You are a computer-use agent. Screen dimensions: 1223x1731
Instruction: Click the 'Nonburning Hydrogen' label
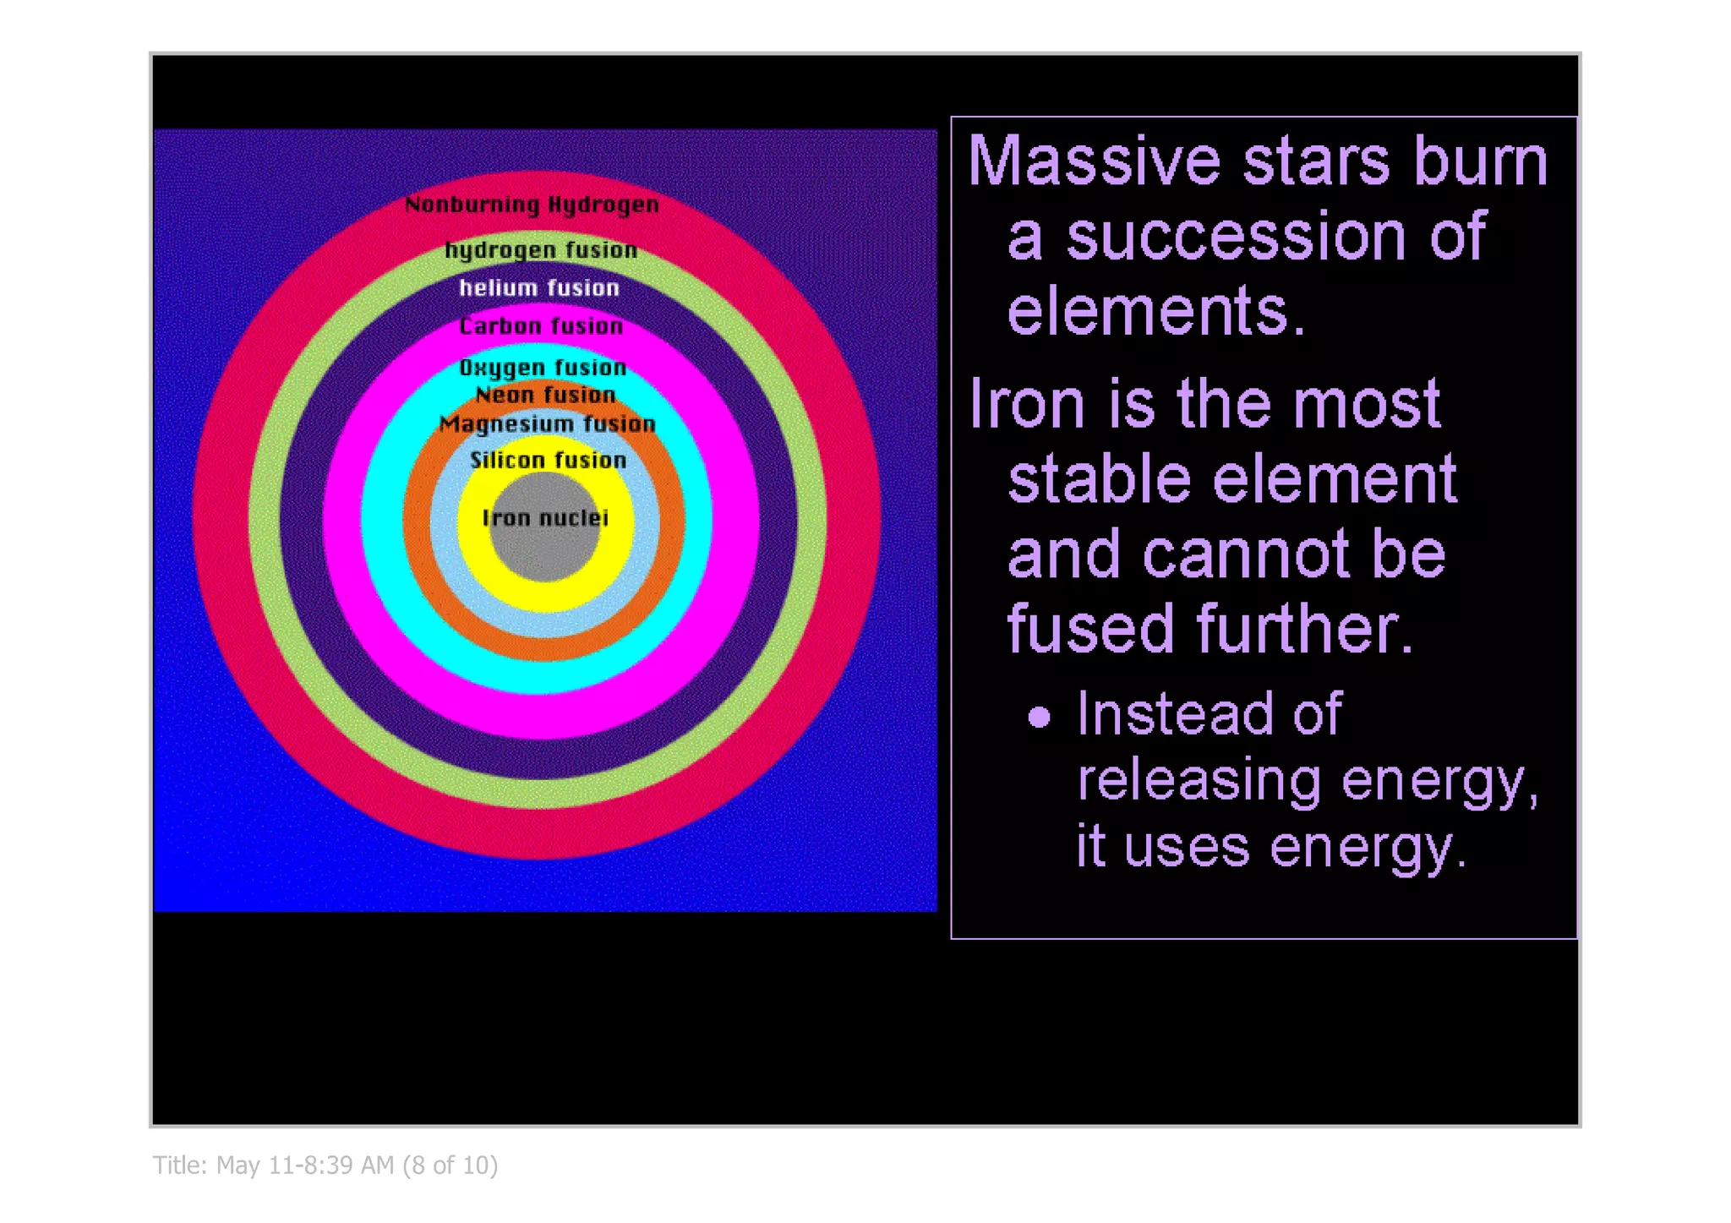[x=531, y=205]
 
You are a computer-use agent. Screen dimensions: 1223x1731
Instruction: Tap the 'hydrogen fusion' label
[x=541, y=250]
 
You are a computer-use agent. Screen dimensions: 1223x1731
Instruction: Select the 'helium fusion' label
[x=539, y=288]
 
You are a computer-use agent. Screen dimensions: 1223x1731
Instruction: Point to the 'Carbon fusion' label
[x=541, y=326]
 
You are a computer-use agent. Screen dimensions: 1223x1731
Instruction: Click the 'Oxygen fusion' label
[x=543, y=368]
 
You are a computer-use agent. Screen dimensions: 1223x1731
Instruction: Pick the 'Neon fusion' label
[x=545, y=395]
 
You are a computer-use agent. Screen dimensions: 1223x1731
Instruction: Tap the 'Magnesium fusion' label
[x=547, y=423]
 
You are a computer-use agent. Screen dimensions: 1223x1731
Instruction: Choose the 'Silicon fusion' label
[x=548, y=461]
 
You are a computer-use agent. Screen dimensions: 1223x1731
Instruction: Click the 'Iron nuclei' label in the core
[x=545, y=518]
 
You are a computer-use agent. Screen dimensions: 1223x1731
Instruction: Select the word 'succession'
[x=1237, y=237]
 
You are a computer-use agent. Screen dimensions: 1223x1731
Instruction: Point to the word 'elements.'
[x=1156, y=311]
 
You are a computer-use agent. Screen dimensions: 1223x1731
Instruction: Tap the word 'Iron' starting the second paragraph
[x=1028, y=404]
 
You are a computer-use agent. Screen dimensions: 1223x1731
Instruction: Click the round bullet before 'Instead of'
[x=1040, y=718]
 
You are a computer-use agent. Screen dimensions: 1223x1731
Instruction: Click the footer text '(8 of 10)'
[x=450, y=1166]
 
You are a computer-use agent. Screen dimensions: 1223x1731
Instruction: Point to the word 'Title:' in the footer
[x=180, y=1166]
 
